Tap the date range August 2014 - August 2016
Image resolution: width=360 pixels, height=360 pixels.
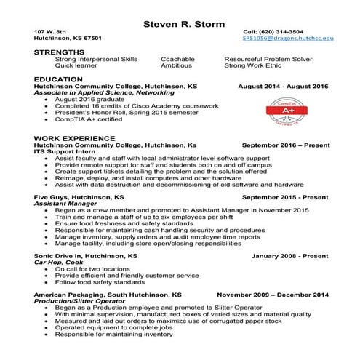283,86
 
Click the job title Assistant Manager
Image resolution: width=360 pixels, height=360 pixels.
62,204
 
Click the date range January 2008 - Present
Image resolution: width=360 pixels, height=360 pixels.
289,256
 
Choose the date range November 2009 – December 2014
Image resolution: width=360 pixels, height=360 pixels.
273,295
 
